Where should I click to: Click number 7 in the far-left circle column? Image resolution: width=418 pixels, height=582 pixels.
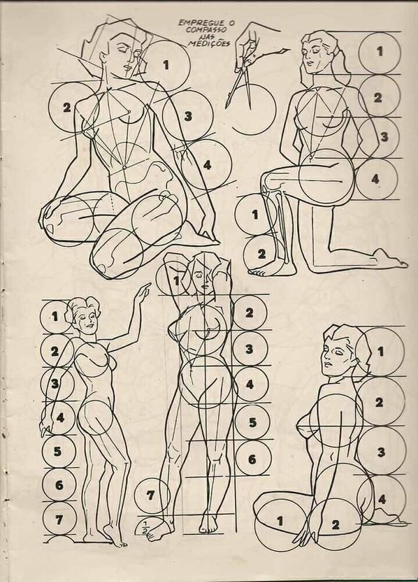tap(59, 520)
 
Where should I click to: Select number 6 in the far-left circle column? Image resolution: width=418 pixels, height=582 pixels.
tap(59, 485)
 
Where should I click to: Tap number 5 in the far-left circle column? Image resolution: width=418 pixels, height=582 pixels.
tap(57, 451)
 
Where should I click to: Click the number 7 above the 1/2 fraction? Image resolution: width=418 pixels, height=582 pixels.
tap(150, 495)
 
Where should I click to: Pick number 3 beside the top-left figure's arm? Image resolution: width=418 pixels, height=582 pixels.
tap(188, 116)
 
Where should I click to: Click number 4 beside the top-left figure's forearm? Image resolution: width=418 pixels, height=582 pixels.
tap(207, 165)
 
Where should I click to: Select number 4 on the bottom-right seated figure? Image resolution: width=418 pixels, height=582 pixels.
tap(382, 499)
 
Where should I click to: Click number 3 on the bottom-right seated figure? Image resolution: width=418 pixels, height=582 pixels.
tap(381, 452)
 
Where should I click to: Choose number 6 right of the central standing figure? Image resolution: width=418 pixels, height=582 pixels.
tap(252, 459)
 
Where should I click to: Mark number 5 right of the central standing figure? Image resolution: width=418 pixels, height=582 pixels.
tap(253, 422)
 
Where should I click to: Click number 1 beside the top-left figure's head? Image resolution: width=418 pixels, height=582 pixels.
tap(166, 65)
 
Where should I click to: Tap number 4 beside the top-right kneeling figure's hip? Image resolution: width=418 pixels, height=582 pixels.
tap(376, 179)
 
